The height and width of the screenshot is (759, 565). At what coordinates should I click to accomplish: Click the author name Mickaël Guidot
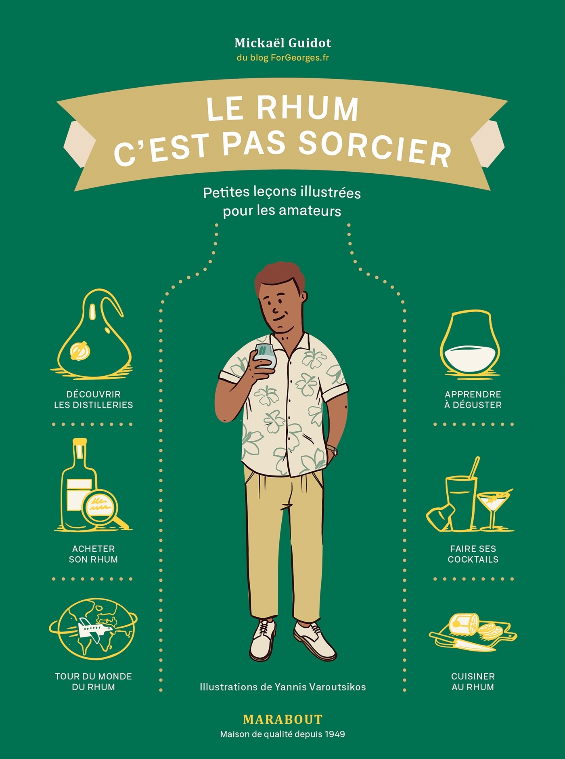pyautogui.click(x=282, y=43)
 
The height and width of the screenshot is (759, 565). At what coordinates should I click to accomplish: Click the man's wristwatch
pyautogui.click(x=333, y=450)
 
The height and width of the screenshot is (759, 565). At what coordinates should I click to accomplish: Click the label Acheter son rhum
pyautogui.click(x=93, y=554)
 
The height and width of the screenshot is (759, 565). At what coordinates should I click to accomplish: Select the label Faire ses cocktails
pyautogui.click(x=473, y=554)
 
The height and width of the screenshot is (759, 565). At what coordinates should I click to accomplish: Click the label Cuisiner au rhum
pyautogui.click(x=473, y=681)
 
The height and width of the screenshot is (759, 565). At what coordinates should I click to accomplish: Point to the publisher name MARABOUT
pyautogui.click(x=282, y=719)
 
